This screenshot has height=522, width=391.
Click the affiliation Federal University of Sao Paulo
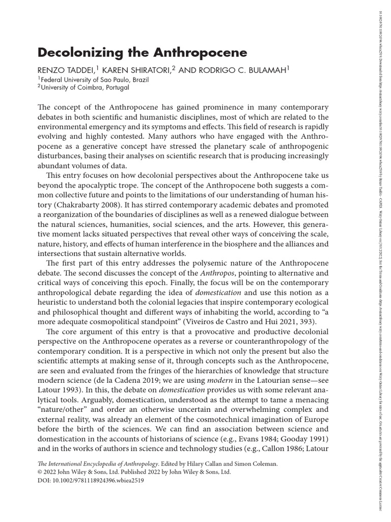pos(90,80)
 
